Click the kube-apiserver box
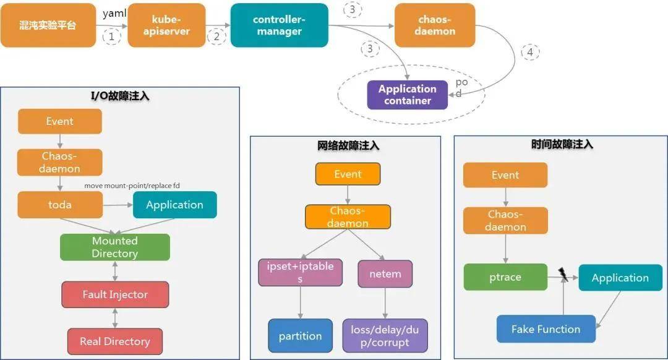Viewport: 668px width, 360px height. (166, 25)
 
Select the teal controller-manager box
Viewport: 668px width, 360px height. (279, 25)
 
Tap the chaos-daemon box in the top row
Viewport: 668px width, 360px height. (435, 25)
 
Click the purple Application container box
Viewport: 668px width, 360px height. (407, 95)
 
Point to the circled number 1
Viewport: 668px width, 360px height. (111, 36)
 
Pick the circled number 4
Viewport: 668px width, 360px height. (529, 53)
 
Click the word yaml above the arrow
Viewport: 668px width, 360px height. (114, 14)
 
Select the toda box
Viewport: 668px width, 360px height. (60, 205)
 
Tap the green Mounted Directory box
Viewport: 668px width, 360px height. (114, 247)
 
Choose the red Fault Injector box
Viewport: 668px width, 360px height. (114, 294)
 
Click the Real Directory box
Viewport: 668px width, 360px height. (114, 341)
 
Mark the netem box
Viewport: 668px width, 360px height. (385, 273)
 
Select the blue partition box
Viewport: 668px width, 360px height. (300, 336)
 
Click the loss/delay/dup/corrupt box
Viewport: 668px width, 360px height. (385, 336)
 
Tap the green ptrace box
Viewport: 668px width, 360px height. (505, 277)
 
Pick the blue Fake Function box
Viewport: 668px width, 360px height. (546, 329)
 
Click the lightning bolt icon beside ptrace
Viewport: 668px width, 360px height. (563, 274)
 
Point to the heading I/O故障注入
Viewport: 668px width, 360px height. (119, 96)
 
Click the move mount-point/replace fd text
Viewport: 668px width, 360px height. (132, 186)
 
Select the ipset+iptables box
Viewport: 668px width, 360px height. (300, 273)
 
